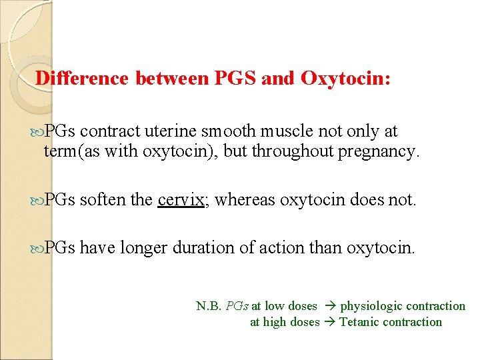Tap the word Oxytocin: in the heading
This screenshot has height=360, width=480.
pyautogui.click(x=346, y=79)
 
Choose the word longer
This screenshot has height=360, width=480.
pyautogui.click(x=143, y=249)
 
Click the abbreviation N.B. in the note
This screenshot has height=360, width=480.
pyautogui.click(x=209, y=306)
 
